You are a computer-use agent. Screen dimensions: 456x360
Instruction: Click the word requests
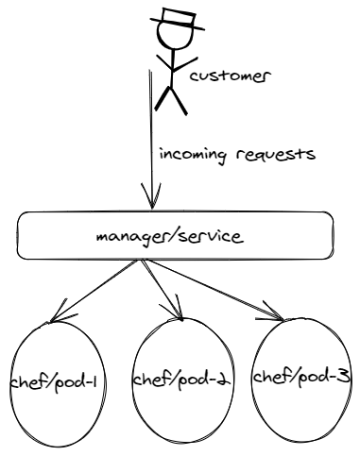point(273,155)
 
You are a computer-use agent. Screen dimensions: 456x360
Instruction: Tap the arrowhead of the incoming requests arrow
point(149,201)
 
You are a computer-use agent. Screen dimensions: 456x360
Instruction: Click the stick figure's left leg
point(163,99)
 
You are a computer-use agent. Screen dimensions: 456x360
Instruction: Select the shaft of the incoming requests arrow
point(149,132)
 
